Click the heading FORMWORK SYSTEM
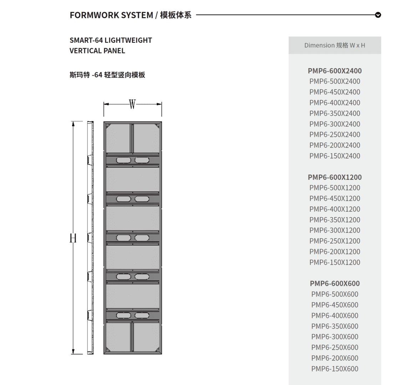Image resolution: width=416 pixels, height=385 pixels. pos(111,15)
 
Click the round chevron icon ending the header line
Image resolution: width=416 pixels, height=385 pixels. pos(378,15)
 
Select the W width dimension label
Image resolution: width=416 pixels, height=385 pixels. pos(132,104)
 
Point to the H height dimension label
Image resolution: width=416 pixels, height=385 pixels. pos(73,238)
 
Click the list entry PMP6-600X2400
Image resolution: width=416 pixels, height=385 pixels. pos(335,71)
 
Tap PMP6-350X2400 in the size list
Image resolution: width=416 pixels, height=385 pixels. pos(335,113)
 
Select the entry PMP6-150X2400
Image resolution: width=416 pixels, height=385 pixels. pos(335,156)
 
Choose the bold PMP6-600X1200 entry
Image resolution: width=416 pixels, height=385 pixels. pos(335,177)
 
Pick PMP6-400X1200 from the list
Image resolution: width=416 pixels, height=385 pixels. pos(335,209)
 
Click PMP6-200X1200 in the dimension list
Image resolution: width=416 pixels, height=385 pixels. pos(335,252)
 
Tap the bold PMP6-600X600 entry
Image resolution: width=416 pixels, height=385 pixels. pos(335,283)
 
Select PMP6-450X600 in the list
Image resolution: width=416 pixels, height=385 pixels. pos(335,305)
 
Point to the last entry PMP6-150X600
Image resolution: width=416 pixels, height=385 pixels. pos(335,369)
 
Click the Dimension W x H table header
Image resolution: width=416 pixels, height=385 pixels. pos(335,45)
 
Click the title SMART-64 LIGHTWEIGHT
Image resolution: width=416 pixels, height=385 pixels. pos(111,40)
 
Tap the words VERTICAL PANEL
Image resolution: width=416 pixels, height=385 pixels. pos(97,51)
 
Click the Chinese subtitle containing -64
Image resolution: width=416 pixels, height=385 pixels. pos(107,75)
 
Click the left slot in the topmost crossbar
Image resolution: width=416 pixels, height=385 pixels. pos(123,160)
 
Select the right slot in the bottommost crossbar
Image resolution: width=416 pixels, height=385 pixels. pos(142,315)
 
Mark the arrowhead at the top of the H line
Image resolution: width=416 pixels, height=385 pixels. pos(73,124)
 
